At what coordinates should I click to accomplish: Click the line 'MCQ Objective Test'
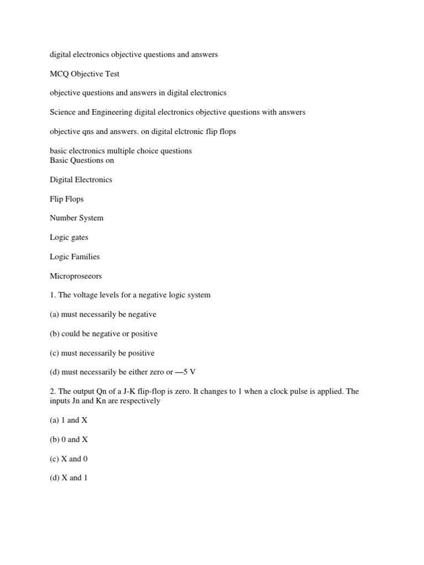(84, 74)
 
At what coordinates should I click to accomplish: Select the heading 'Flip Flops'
(67, 199)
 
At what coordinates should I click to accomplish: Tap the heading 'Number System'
(77, 218)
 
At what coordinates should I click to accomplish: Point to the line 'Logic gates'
(69, 237)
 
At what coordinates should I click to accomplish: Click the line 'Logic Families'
(75, 257)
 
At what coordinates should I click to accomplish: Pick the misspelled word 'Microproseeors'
(76, 276)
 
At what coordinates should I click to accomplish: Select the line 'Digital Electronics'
(81, 179)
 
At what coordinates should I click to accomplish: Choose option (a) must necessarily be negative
(103, 315)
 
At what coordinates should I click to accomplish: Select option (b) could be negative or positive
(104, 334)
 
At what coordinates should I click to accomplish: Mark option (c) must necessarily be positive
(102, 353)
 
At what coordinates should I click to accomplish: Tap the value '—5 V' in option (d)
(185, 372)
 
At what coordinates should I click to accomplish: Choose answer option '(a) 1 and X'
(68, 420)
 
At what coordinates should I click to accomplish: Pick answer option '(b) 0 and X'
(69, 440)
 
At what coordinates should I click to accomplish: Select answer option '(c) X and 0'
(69, 459)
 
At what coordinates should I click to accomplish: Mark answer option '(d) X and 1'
(69, 478)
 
